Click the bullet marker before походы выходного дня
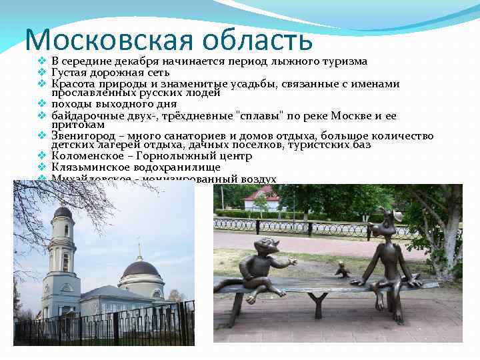coord(41,104)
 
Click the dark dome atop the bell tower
coord(63,213)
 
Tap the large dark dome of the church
coord(141,268)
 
